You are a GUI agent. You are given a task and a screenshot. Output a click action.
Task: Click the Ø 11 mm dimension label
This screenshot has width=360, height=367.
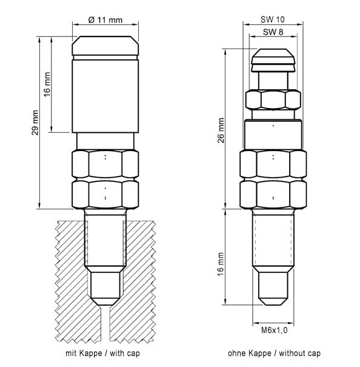pyautogui.click(x=105, y=20)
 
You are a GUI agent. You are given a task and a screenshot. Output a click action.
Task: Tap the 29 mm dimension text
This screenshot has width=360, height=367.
pyautogui.click(x=35, y=123)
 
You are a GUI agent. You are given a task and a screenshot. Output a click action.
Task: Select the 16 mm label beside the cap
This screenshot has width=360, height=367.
pyautogui.click(x=47, y=84)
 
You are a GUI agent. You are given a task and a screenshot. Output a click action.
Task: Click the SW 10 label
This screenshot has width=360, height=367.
pyautogui.click(x=273, y=19)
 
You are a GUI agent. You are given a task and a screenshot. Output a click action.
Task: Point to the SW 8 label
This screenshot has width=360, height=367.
pyautogui.click(x=273, y=32)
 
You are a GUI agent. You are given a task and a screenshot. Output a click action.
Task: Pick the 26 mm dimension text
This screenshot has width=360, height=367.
pyautogui.click(x=221, y=130)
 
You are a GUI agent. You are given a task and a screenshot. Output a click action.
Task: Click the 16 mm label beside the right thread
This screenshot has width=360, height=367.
pyautogui.click(x=221, y=264)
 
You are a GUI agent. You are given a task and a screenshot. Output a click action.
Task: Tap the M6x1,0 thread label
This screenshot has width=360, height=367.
pyautogui.click(x=274, y=330)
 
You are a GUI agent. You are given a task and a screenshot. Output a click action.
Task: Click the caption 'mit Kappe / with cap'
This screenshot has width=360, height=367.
pyautogui.click(x=102, y=353)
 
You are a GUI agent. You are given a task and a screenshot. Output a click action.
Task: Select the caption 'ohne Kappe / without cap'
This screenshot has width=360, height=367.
pyautogui.click(x=274, y=353)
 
